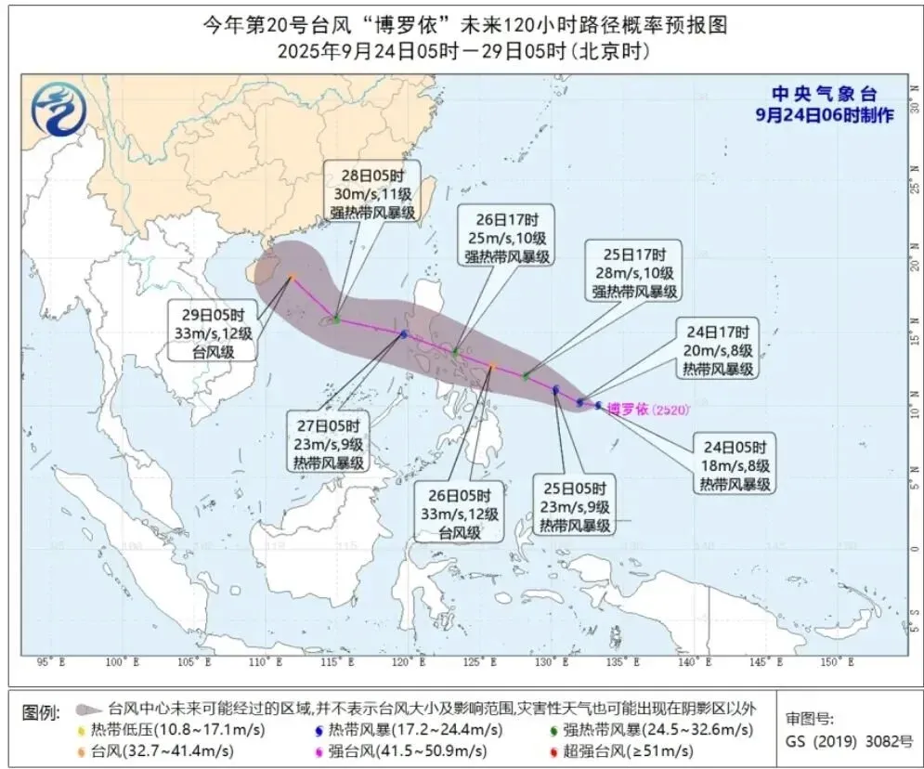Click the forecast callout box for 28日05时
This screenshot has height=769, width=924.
click(x=371, y=191)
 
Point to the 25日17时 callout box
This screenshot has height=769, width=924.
click(x=634, y=271)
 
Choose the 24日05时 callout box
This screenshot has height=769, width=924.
click(x=735, y=464)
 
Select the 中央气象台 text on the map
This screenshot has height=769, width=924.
click(x=824, y=95)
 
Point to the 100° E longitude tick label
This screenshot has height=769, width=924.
click(x=117, y=662)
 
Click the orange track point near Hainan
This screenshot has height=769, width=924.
click(x=291, y=277)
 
